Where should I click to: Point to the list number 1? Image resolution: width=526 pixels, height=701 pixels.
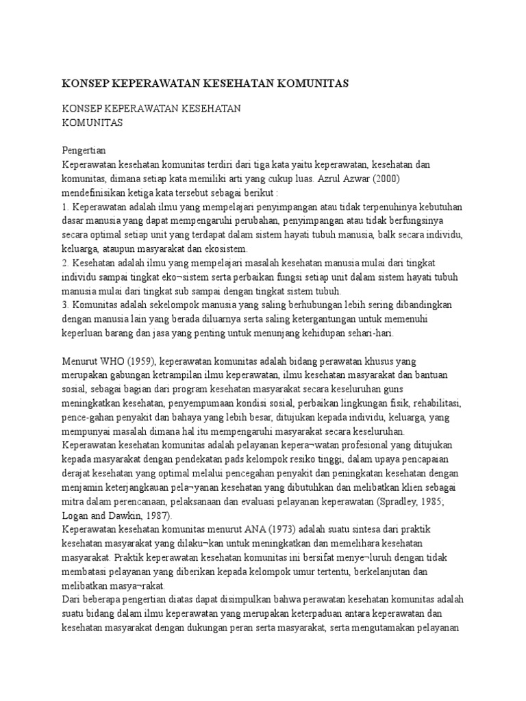pyautogui.click(x=65, y=206)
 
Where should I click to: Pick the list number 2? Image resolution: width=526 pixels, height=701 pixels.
pyautogui.click(x=65, y=263)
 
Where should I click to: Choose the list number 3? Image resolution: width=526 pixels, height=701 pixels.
pyautogui.click(x=65, y=305)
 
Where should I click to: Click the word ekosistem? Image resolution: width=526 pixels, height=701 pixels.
pyautogui.click(x=227, y=248)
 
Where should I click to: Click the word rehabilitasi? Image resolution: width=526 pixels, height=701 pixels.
pyautogui.click(x=436, y=403)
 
